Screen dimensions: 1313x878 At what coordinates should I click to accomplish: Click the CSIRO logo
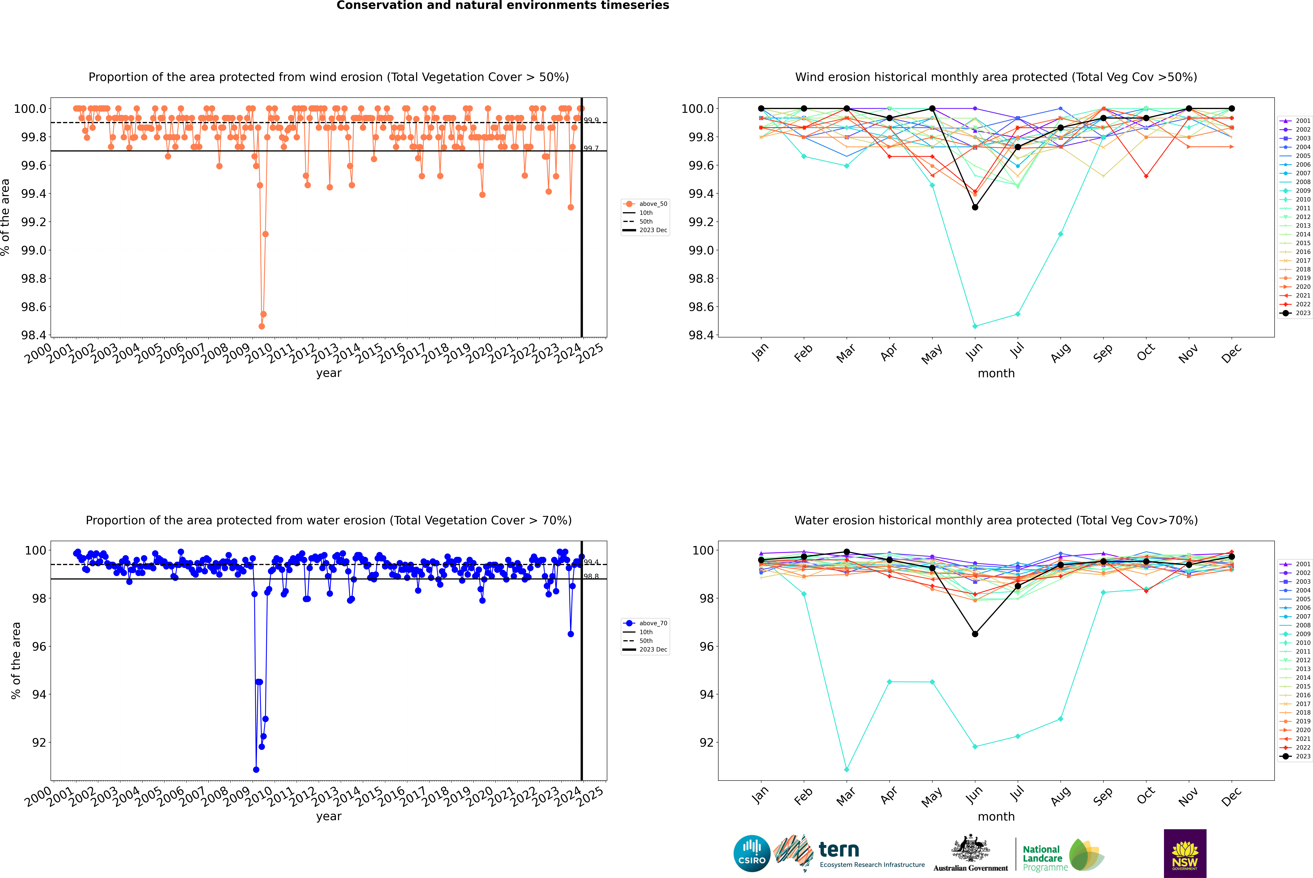752,853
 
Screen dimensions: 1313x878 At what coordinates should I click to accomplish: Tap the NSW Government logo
1185,853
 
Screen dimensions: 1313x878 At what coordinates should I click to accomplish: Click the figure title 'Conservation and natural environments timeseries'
503,6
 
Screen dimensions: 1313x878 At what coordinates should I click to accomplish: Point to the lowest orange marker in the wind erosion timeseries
261,326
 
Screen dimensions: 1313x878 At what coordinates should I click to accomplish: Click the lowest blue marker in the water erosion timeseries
256,769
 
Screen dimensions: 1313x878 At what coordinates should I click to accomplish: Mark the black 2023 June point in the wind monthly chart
975,207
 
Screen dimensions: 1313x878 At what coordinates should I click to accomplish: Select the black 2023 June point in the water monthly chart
975,634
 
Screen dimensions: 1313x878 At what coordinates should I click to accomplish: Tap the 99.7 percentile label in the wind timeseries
591,148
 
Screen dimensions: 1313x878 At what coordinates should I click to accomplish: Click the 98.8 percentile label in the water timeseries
591,576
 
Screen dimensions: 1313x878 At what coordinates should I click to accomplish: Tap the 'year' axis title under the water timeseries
328,816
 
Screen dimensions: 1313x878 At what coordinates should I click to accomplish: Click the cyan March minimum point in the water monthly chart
846,769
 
